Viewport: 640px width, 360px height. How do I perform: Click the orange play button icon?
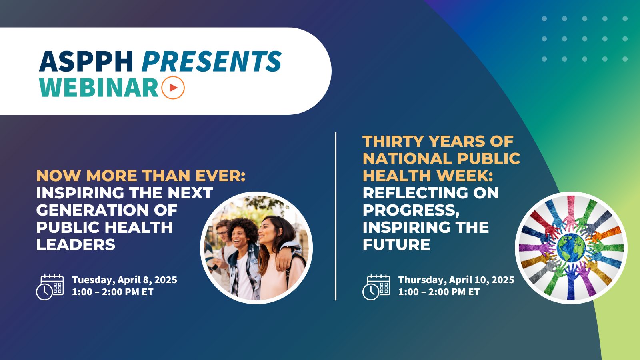pyautogui.click(x=173, y=87)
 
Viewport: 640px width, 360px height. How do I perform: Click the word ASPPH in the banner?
pyautogui.click(x=86, y=62)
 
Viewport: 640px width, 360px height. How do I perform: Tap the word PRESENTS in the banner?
pyautogui.click(x=212, y=62)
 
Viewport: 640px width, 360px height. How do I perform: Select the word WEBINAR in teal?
pyautogui.click(x=99, y=87)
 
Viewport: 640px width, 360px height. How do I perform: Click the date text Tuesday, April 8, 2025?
pyautogui.click(x=124, y=280)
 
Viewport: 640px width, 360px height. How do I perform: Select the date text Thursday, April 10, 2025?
pyautogui.click(x=456, y=280)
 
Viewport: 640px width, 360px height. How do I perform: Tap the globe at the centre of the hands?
pyautogui.click(x=571, y=248)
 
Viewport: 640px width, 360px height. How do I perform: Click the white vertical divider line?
pyautogui.click(x=336, y=216)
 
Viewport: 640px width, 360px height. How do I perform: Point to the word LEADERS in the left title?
pyautogui.click(x=76, y=244)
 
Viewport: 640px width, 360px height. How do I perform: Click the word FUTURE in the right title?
pyautogui.click(x=396, y=244)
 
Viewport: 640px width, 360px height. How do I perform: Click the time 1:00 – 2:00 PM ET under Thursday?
pyautogui.click(x=439, y=292)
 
